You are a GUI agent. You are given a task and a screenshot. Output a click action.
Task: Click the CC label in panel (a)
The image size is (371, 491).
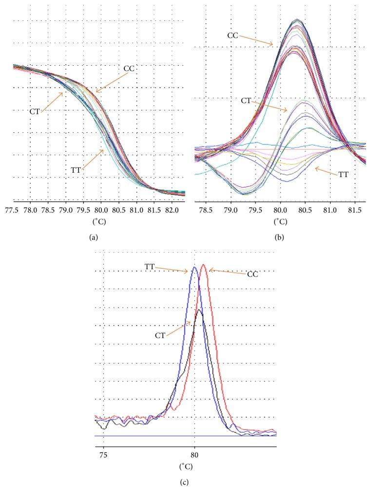[129, 69]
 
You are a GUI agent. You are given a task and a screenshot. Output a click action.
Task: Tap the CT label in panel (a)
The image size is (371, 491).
[34, 111]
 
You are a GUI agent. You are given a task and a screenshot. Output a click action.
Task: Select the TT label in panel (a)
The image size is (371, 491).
[75, 170]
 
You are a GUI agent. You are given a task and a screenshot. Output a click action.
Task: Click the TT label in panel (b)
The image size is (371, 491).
[343, 174]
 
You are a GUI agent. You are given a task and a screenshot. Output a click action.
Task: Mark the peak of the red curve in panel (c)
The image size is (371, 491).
[203, 265]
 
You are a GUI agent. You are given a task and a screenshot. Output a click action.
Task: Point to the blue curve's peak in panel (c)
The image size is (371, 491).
[195, 267]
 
